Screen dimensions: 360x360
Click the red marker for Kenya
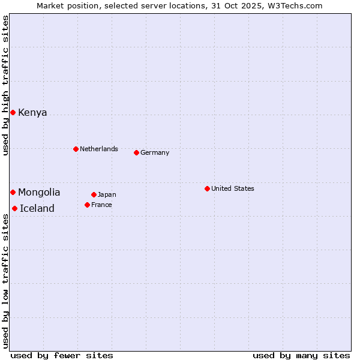click(13, 112)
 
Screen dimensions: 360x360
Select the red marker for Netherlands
click(76, 149)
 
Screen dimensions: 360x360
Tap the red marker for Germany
click(136, 152)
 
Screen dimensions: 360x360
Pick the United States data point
click(207, 188)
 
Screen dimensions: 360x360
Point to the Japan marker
click(94, 194)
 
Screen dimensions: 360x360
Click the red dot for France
click(87, 205)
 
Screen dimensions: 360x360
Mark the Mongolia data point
click(13, 192)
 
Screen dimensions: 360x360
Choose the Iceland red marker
click(14, 208)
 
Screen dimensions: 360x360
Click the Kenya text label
click(32, 113)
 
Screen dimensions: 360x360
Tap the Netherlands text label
click(99, 149)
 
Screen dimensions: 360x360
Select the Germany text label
click(155, 152)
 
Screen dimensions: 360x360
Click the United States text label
click(233, 188)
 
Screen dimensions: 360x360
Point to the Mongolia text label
click(39, 193)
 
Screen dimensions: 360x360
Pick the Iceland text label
click(37, 209)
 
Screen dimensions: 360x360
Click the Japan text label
click(107, 194)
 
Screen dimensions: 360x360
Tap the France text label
click(101, 205)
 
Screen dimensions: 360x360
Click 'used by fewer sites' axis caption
click(62, 355)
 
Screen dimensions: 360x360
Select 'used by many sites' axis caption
click(301, 355)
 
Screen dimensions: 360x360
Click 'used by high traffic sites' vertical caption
click(6, 85)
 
